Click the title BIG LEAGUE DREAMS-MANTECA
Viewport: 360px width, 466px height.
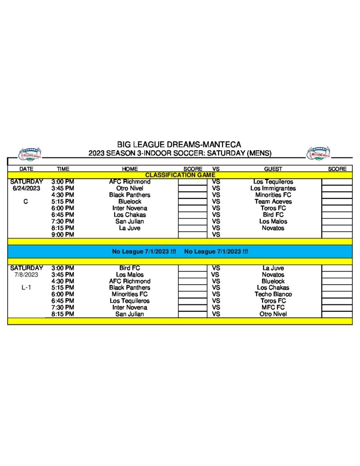179,145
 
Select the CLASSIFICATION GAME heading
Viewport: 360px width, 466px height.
180,175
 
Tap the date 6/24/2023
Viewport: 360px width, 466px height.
26,188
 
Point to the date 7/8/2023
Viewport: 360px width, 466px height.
26,275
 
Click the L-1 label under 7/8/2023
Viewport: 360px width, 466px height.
26,288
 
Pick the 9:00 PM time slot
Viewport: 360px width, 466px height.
63,235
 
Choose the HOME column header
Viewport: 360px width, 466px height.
130,169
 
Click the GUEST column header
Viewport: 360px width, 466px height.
273,169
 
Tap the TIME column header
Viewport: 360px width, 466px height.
63,169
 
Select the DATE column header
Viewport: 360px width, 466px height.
26,169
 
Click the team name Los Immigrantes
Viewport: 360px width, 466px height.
273,188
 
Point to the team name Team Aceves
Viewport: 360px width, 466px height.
273,202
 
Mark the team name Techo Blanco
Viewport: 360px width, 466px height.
273,294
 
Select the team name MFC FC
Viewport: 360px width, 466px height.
273,308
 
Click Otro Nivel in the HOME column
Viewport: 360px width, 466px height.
130,188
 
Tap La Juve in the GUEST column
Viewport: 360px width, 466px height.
273,268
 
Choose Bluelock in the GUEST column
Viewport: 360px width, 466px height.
273,281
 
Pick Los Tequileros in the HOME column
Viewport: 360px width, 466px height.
130,301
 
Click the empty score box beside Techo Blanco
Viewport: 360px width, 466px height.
337,294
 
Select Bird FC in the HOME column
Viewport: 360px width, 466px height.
130,268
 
